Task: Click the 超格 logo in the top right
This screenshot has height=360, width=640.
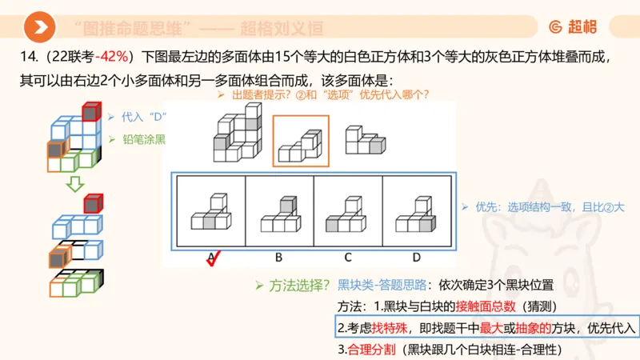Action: [x=573, y=28]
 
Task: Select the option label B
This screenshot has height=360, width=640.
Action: [x=278, y=257]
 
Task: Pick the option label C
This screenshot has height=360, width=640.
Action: [x=347, y=257]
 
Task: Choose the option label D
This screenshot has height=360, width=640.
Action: [x=416, y=257]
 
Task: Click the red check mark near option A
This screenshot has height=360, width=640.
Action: [x=214, y=258]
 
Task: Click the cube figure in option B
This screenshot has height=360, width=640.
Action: [x=278, y=215]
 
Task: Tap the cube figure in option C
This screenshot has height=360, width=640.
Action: [x=347, y=215]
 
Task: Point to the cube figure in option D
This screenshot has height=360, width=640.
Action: [x=416, y=215]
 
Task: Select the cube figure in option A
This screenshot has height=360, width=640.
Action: [x=210, y=215]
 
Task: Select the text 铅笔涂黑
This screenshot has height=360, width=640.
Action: [x=144, y=139]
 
